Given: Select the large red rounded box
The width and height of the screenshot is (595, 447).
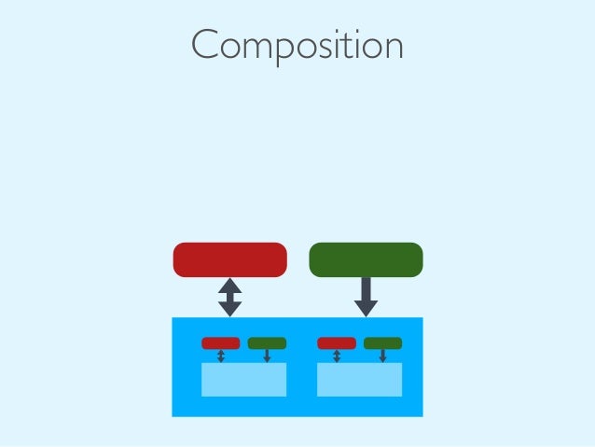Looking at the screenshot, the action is click(x=229, y=259).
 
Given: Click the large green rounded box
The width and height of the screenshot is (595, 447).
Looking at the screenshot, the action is click(x=366, y=259).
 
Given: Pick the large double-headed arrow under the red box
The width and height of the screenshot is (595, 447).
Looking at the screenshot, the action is click(x=229, y=297).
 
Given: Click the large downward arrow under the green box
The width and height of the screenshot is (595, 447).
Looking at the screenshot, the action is click(x=366, y=297).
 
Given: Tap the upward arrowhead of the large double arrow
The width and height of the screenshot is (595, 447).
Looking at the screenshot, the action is click(x=229, y=285).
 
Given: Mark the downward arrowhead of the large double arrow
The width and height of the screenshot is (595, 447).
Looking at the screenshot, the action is click(x=229, y=309).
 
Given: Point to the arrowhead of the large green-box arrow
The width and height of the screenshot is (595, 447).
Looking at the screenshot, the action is click(x=366, y=308).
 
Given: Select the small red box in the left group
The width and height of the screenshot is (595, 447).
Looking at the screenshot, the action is click(x=220, y=343).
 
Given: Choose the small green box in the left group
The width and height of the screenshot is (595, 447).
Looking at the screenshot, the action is click(x=267, y=343).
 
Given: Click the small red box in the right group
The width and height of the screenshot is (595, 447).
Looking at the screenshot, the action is click(x=337, y=343).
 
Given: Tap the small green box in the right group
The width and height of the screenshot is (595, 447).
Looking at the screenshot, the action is click(x=382, y=343).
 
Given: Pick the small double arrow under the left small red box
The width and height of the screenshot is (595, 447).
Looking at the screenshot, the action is click(x=221, y=356).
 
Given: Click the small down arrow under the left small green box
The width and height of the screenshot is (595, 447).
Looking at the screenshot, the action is click(x=267, y=356).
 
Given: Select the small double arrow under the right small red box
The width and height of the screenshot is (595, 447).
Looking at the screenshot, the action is click(x=337, y=356).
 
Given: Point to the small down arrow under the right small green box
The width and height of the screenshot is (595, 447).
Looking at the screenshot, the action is click(x=382, y=356).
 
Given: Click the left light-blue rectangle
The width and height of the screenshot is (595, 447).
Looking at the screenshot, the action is click(x=243, y=380).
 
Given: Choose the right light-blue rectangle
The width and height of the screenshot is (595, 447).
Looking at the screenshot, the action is click(x=359, y=380).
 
